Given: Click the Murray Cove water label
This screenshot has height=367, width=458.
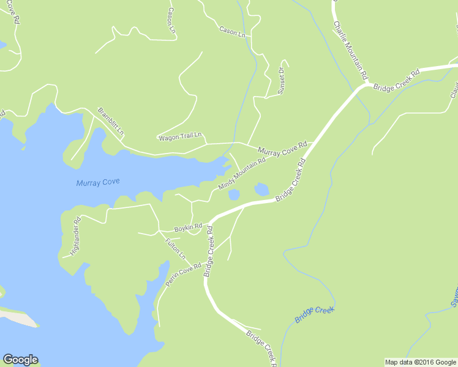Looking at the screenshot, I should click(x=98, y=182).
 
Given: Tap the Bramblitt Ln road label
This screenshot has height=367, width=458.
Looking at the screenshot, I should click(x=111, y=122).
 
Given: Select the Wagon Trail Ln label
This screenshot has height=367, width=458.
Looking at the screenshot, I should click(x=180, y=137).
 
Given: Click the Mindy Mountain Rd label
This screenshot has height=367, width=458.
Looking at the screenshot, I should click(x=242, y=173).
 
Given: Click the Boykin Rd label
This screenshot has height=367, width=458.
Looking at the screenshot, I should click(x=187, y=228).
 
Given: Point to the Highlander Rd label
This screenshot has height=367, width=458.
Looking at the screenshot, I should click(x=75, y=237).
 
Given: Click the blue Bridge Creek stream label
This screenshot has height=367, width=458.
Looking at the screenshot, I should click(x=315, y=314).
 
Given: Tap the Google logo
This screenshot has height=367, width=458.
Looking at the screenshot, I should click(x=20, y=360).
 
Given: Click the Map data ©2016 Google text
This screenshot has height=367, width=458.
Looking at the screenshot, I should click(x=420, y=362).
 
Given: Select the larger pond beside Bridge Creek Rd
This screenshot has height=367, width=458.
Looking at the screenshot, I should click(x=261, y=189).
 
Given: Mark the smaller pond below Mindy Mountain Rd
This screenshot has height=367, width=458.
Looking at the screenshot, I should click(x=233, y=195).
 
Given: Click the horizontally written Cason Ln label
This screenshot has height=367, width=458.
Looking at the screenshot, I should click(x=231, y=31).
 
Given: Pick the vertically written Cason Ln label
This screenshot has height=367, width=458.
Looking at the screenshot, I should click(x=171, y=20).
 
